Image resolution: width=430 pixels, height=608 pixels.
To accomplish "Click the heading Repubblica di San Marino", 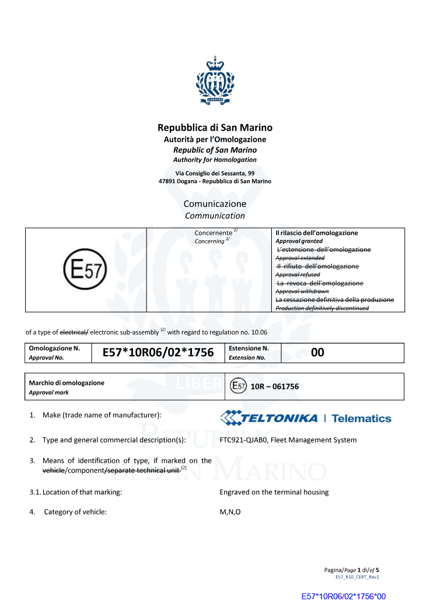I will [x=215, y=128].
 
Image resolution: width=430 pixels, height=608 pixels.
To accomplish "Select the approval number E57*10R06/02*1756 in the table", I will [x=158, y=353].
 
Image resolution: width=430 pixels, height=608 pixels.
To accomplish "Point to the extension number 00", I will [x=317, y=353].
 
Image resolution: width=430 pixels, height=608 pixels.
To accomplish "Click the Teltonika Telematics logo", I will [x=305, y=418].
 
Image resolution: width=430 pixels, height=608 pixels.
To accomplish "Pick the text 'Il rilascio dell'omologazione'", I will [x=316, y=233].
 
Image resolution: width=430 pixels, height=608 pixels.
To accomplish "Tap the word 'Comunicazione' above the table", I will [x=215, y=204].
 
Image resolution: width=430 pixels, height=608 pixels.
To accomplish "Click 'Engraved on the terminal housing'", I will [x=274, y=492].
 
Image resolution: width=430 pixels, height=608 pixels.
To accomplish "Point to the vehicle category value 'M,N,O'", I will [x=230, y=512].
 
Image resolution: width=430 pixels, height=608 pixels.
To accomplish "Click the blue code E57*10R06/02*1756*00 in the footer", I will [x=344, y=596].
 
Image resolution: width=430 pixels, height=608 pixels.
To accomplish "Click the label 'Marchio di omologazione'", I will [x=67, y=383].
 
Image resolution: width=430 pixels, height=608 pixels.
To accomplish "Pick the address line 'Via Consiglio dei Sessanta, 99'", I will [x=215, y=173].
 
